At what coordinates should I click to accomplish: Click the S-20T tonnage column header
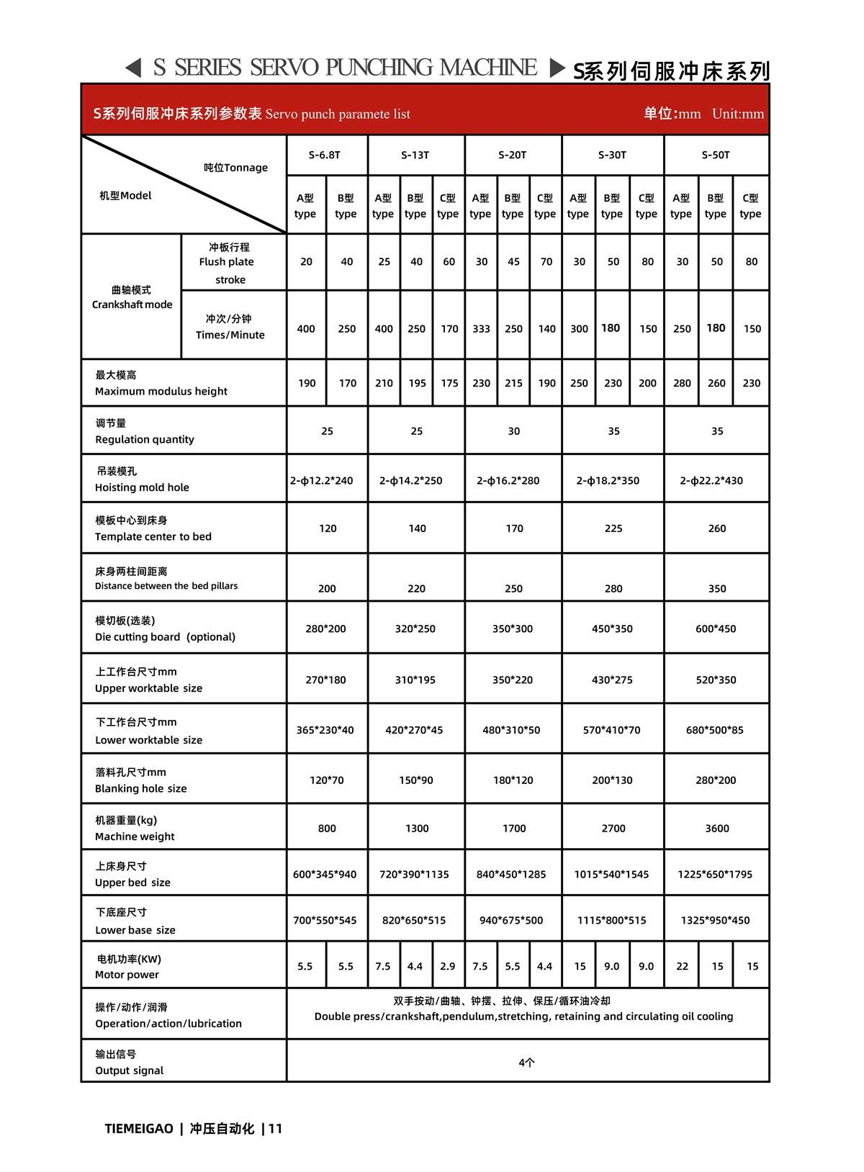point(513,155)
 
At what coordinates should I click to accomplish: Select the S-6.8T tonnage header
point(325,155)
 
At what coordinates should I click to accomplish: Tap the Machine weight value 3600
point(717,829)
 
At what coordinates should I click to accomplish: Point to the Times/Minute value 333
point(482,329)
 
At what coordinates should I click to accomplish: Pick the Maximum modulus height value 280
point(682,384)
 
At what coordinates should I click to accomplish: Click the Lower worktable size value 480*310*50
point(511,730)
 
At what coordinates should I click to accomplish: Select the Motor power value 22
point(682,967)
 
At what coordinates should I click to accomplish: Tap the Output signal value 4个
point(527,1063)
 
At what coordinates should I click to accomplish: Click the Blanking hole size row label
point(141,780)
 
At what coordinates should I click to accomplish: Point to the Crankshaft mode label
point(132,297)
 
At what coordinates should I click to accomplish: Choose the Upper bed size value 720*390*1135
point(414,875)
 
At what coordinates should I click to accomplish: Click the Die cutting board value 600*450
point(716,629)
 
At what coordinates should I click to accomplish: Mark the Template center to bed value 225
point(613,528)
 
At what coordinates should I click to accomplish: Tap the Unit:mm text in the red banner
point(737,114)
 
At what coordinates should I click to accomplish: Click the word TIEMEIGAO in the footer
point(139,1129)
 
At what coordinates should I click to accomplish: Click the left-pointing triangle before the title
point(133,68)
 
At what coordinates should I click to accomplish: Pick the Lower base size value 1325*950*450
point(715,921)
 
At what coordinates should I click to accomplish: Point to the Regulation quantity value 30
point(513,431)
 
